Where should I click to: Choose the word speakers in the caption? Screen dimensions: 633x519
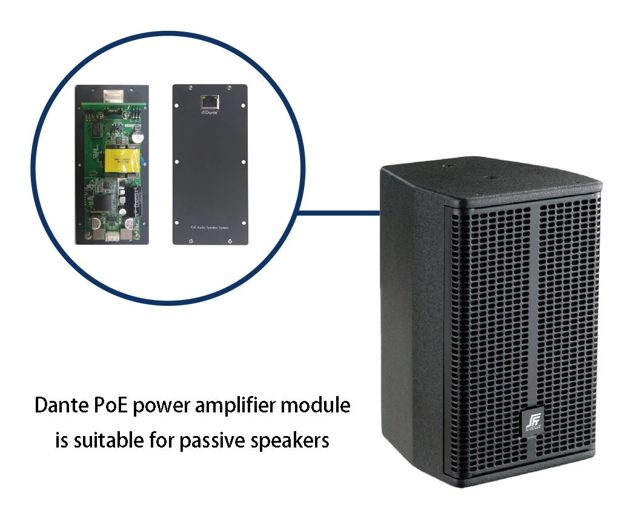290,440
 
